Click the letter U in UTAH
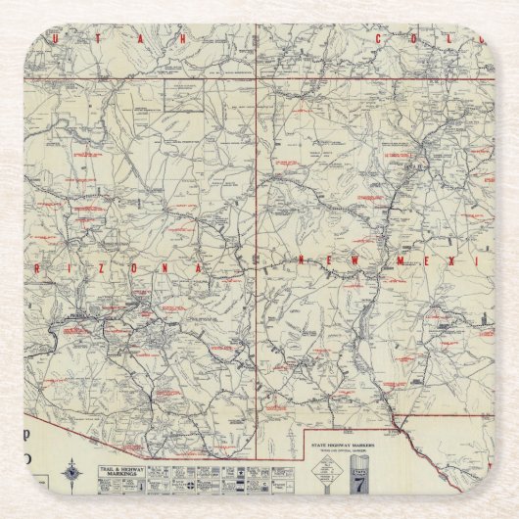[x=96, y=39]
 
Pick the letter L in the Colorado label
[x=460, y=39]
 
